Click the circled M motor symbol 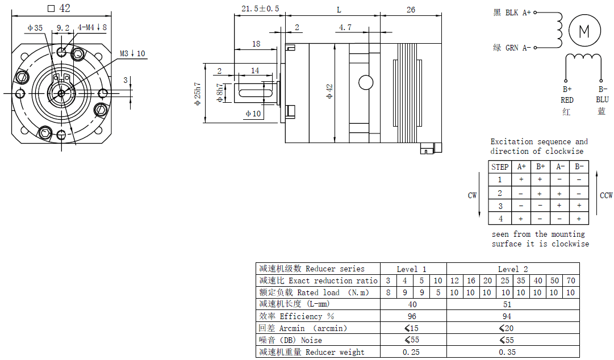(584, 31)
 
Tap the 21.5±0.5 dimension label (260, 9)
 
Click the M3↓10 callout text (132, 54)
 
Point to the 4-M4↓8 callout (92, 27)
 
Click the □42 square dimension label (59, 8)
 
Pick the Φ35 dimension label (35, 27)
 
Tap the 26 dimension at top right (411, 10)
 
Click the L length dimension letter (339, 10)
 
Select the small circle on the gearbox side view (366, 82)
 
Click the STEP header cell (500, 167)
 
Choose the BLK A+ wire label (512, 12)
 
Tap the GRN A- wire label (512, 48)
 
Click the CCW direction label (606, 195)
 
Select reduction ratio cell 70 (571, 281)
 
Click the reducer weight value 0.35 (507, 352)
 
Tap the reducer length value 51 (507, 304)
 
